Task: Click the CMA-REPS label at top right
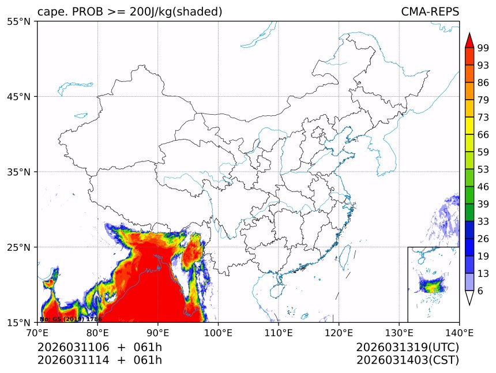(430, 12)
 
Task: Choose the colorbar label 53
(483, 169)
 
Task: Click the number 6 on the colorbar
(480, 291)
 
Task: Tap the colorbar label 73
(483, 117)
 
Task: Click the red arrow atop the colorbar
(469, 40)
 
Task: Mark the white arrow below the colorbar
(469, 297)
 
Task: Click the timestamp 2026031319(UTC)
(407, 348)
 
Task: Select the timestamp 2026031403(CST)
(407, 361)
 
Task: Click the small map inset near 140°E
(433, 284)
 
